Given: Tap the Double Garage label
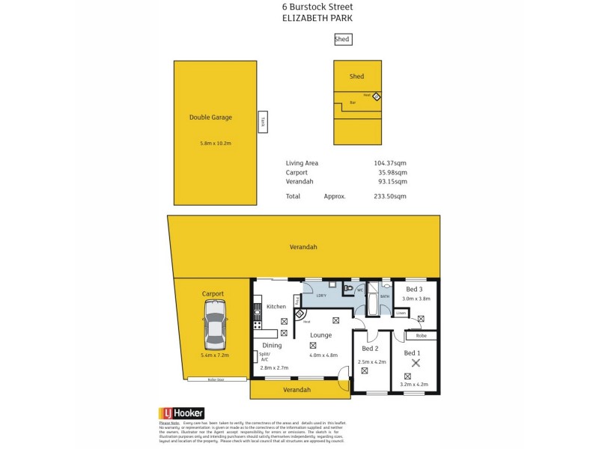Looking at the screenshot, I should coord(210,117).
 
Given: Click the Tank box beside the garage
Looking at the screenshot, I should coord(263,121).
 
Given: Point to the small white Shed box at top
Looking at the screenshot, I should coord(342,40).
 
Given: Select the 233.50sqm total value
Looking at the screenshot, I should coord(389,196).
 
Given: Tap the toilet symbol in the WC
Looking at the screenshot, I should coord(348,288).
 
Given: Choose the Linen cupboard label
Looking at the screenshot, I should coord(401,313).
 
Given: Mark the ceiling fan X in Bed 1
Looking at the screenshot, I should coord(417,364).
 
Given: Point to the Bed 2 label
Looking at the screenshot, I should coord(370,349).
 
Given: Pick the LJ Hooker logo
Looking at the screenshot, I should coord(181,412).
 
